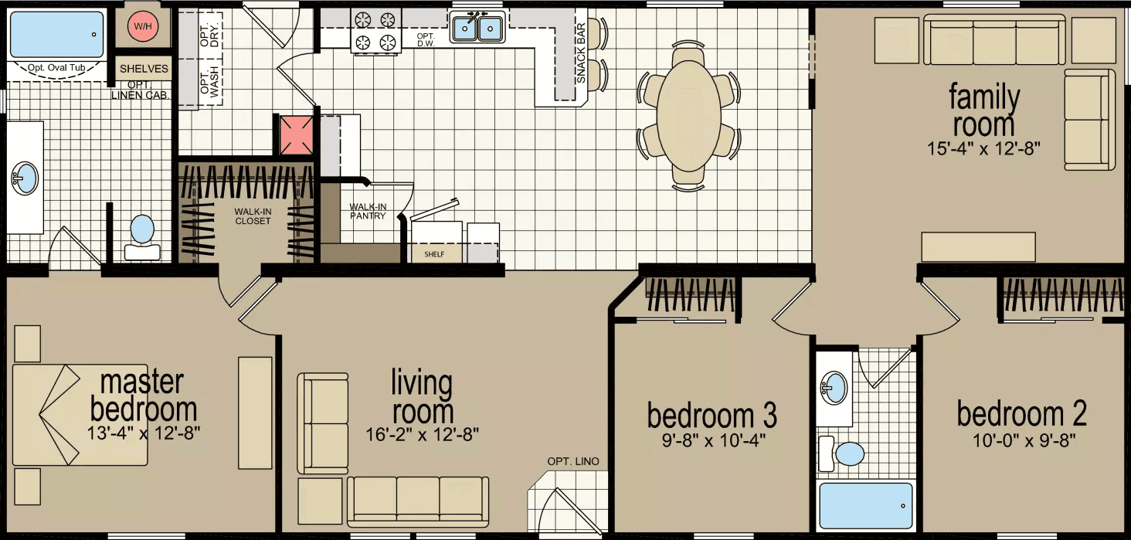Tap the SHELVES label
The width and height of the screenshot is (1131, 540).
pyautogui.click(x=144, y=69)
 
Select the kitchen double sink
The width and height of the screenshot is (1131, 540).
pyautogui.click(x=477, y=29)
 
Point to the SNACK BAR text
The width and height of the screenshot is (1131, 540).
pyautogui.click(x=581, y=59)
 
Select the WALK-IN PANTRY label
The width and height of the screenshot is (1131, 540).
pyautogui.click(x=368, y=211)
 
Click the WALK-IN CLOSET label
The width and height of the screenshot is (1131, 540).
pyautogui.click(x=253, y=216)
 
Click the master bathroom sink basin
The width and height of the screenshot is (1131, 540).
pyautogui.click(x=25, y=179)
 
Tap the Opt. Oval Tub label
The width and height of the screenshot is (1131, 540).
pyautogui.click(x=56, y=68)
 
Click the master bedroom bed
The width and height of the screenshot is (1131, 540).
pyautogui.click(x=80, y=415)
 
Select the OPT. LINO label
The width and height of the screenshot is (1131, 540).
pyautogui.click(x=572, y=462)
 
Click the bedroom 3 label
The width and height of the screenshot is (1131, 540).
pyautogui.click(x=712, y=416)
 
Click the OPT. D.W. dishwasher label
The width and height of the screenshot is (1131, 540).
pyautogui.click(x=426, y=42)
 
